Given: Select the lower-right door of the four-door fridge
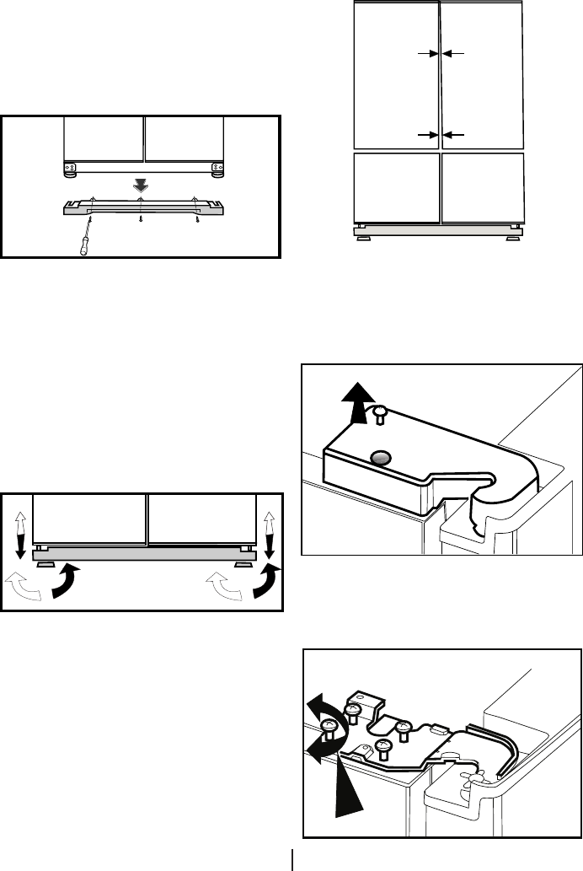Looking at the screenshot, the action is [x=482, y=187].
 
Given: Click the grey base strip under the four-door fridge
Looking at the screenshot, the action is [x=438, y=230].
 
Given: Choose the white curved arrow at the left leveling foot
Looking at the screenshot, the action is [x=22, y=585].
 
